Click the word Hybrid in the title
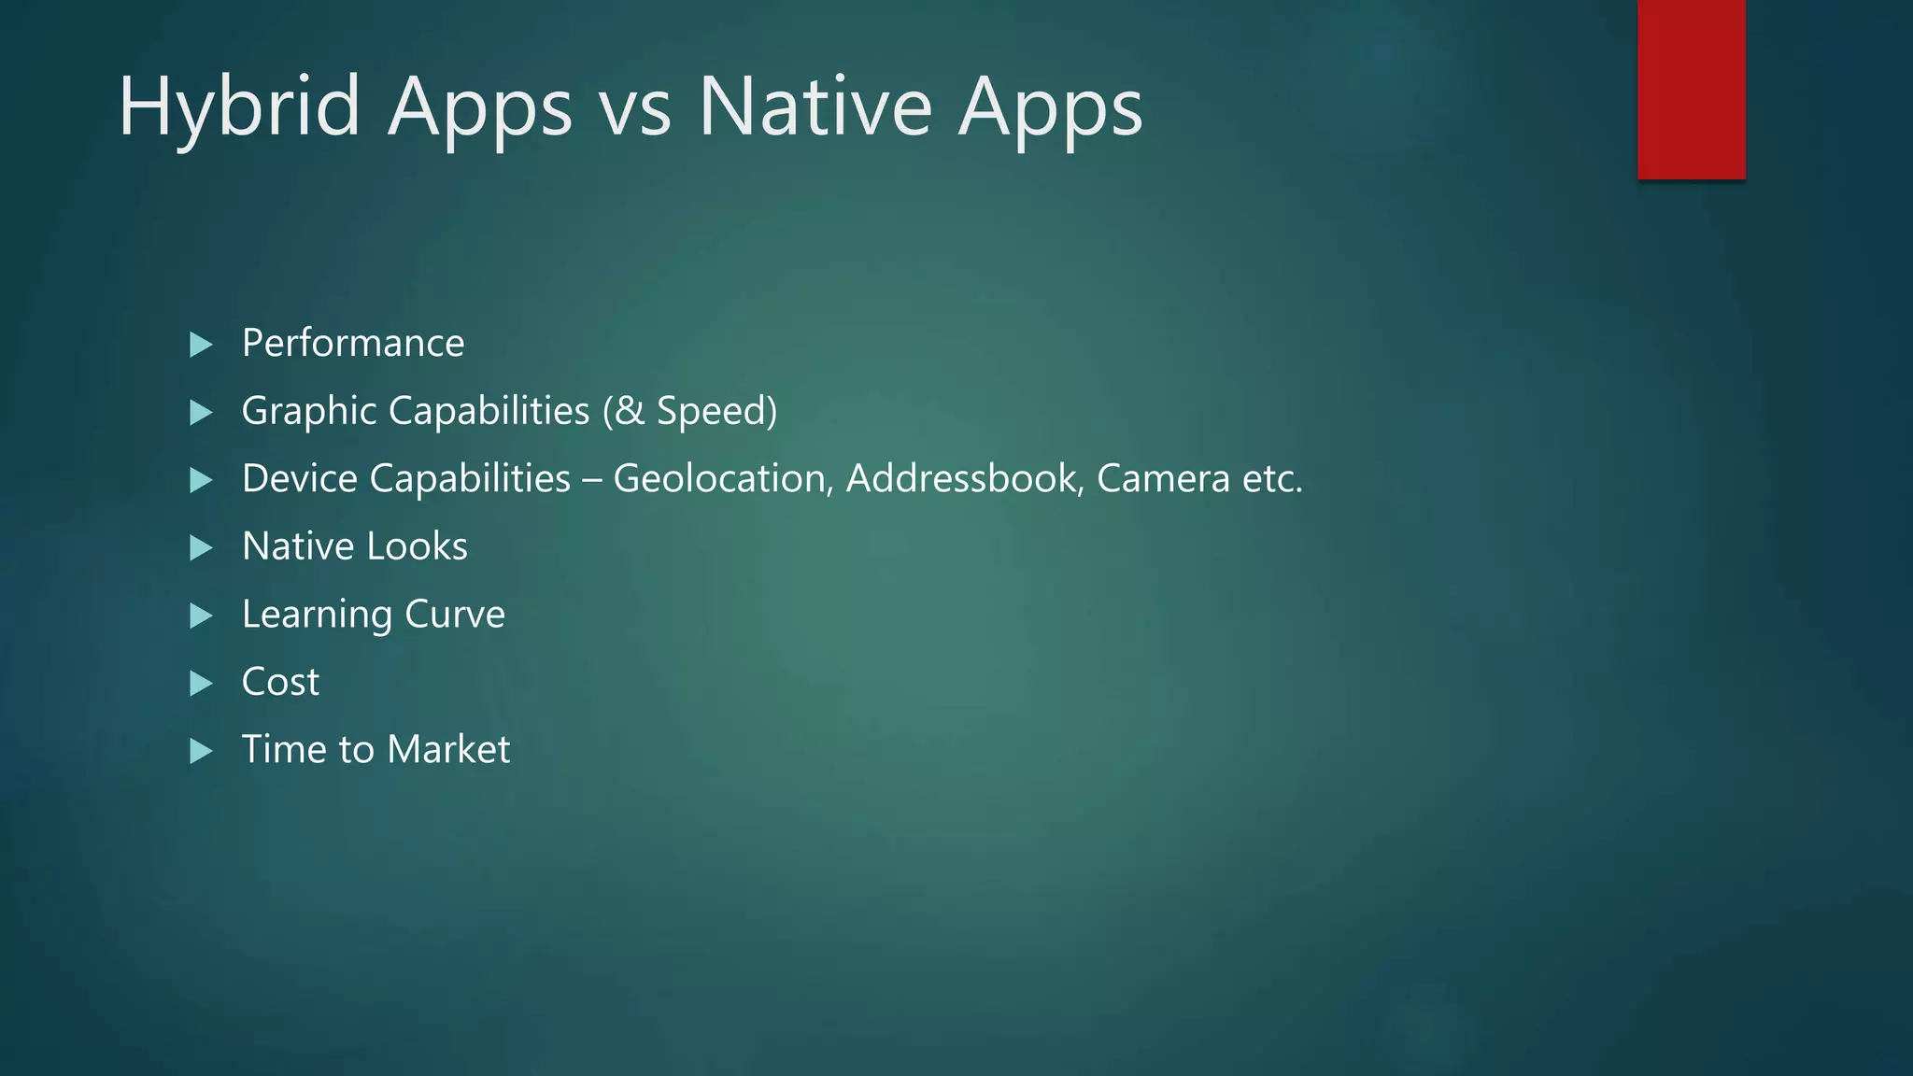pyautogui.click(x=239, y=108)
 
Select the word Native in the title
pyautogui.click(x=815, y=108)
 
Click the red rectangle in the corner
pyautogui.click(x=1691, y=89)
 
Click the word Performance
pyautogui.click(x=353, y=344)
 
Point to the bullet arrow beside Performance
pyautogui.click(x=201, y=345)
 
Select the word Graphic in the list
pyautogui.click(x=308, y=412)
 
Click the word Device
pyautogui.click(x=299, y=479)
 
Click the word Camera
pyautogui.click(x=1162, y=479)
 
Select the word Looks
pyautogui.click(x=417, y=546)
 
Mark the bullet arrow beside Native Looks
pyautogui.click(x=201, y=547)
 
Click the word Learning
pyautogui.click(x=317, y=616)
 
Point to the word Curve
pyautogui.click(x=455, y=615)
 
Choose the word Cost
pyautogui.click(x=280, y=682)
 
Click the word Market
pyautogui.click(x=448, y=750)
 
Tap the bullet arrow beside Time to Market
pyautogui.click(x=201, y=751)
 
